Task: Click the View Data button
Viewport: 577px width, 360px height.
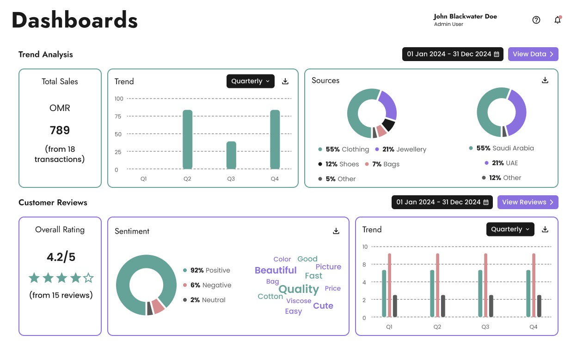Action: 533,54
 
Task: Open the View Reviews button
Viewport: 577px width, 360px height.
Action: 528,202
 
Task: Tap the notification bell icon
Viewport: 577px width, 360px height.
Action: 558,20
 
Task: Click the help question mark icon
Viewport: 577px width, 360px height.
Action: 536,20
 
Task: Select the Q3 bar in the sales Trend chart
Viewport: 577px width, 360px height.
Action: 231,155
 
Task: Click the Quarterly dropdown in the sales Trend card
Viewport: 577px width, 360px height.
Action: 250,81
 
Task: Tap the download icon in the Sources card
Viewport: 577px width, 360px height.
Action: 545,80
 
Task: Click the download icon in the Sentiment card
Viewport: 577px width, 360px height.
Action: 336,231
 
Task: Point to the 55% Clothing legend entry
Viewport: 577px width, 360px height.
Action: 344,149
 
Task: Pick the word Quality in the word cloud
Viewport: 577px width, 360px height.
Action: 299,289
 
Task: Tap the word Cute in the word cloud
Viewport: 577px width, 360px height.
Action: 323,306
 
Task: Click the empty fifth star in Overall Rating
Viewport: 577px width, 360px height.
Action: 88,278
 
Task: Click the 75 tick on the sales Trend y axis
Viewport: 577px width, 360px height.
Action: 118,117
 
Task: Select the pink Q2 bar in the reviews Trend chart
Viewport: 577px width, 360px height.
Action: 437,285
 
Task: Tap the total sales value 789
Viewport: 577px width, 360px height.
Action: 60,130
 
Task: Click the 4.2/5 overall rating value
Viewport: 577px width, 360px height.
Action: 60,256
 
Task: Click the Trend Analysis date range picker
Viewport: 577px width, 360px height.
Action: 453,54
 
